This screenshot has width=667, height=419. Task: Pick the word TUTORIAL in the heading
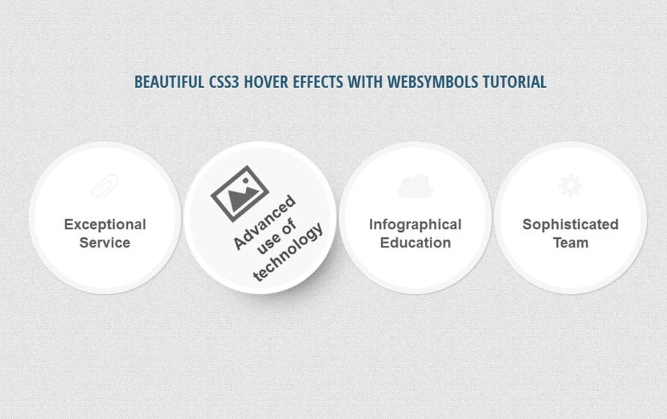click(x=515, y=82)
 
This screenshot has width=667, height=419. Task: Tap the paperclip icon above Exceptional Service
click(x=105, y=186)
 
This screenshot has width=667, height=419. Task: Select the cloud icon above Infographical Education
click(x=415, y=186)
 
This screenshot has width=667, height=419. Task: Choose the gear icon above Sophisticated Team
click(x=571, y=186)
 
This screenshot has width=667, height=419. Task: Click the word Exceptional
click(x=105, y=225)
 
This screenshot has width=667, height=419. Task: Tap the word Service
click(x=105, y=243)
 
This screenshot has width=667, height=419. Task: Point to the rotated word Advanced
click(x=265, y=223)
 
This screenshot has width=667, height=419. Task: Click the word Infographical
click(x=415, y=225)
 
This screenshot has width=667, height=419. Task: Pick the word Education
click(x=415, y=243)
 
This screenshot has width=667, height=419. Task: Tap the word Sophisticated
click(x=571, y=225)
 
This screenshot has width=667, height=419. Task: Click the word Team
click(x=571, y=243)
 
